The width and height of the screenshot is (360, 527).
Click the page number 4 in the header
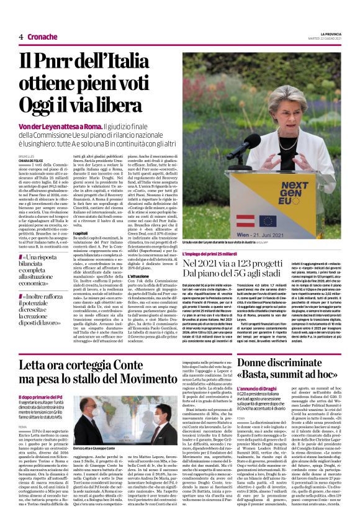click(x=20, y=37)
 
